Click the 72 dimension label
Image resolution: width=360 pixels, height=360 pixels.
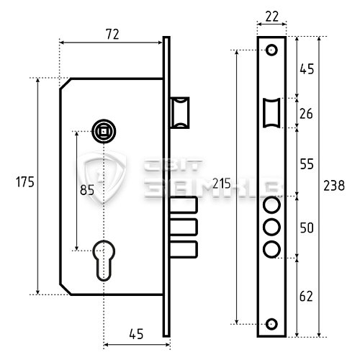(x=112, y=35)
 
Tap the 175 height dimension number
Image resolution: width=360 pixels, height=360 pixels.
(x=25, y=181)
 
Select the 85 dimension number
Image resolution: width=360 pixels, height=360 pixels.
(x=87, y=190)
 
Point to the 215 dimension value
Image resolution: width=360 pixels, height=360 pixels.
(x=222, y=184)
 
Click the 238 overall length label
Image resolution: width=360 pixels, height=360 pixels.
(x=334, y=186)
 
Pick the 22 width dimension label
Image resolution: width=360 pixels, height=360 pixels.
(x=272, y=17)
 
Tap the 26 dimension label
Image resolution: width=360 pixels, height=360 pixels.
(x=306, y=114)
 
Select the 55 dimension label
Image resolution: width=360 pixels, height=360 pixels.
(x=307, y=164)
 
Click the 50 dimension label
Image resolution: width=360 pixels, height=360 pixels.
(x=307, y=228)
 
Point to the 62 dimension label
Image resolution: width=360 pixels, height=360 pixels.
(x=306, y=296)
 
